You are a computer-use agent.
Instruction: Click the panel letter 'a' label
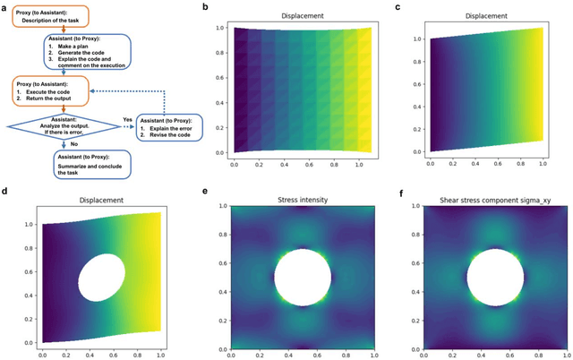[4, 6]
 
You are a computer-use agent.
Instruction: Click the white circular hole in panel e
[301, 279]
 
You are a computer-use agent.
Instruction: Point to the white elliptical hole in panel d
[103, 278]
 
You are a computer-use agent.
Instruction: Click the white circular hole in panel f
[493, 279]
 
